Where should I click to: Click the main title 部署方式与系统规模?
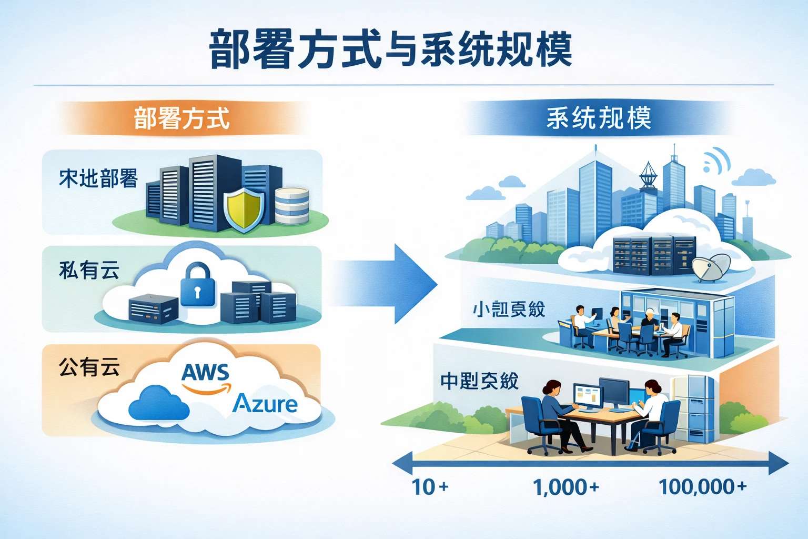coord(390,49)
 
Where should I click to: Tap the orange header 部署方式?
coord(181,118)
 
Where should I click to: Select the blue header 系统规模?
coord(599,118)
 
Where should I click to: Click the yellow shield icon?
coord(244,211)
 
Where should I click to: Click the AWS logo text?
coord(206,373)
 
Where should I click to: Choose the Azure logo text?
coord(265,404)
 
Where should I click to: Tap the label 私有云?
coord(89,270)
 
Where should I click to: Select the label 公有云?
coord(89,367)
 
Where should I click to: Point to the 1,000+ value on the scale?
coord(565,487)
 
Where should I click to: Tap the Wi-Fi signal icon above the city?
coord(716,161)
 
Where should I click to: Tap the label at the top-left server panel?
coord(98,179)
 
